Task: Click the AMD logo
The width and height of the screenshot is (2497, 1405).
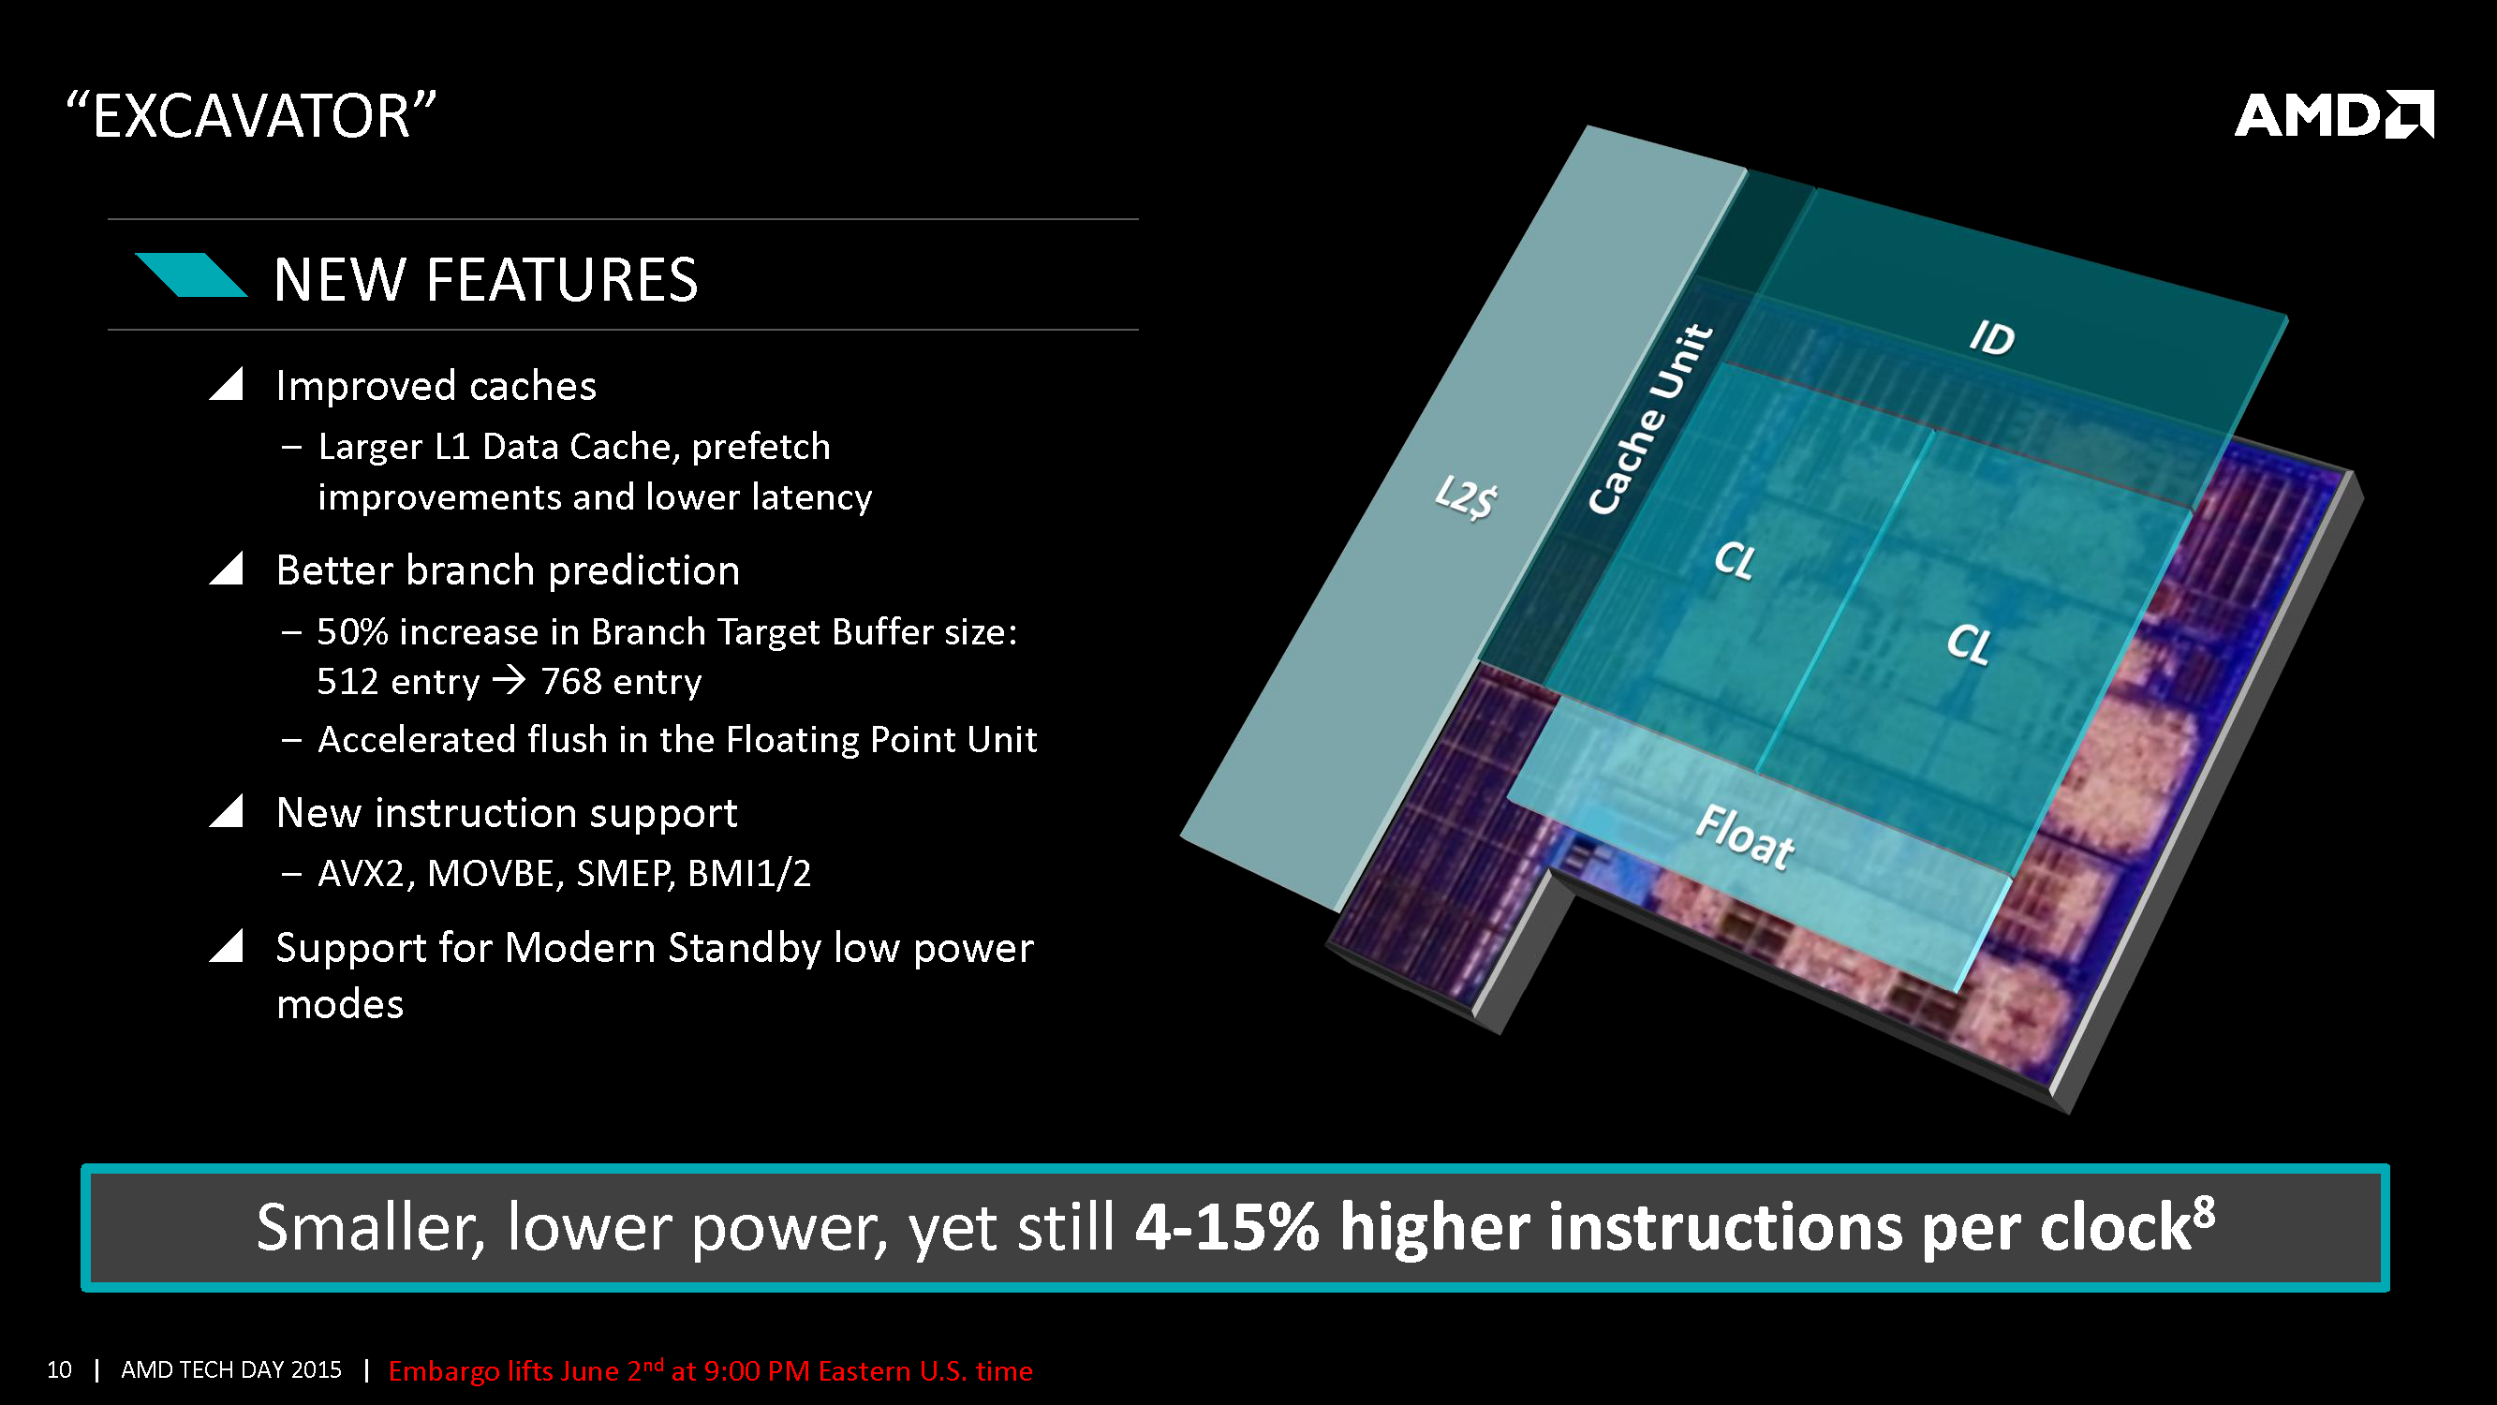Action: coord(2333,114)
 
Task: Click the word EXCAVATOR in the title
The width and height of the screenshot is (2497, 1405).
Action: coord(251,116)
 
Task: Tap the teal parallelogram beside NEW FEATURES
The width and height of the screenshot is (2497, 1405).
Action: coord(191,274)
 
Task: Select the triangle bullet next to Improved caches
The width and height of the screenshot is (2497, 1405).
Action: coord(226,384)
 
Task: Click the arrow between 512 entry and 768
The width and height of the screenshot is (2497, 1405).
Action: coord(509,681)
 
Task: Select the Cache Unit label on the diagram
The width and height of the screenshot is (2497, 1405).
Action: coord(1649,418)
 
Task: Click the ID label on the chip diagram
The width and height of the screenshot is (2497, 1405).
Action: coord(1992,337)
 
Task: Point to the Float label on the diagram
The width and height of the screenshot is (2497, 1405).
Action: coord(1745,836)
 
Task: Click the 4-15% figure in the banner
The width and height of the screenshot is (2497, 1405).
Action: coord(1227,1227)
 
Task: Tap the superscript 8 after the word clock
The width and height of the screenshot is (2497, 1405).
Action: coord(2203,1210)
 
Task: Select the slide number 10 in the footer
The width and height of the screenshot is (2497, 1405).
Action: coord(59,1369)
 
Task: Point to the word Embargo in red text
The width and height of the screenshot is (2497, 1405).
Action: coord(444,1371)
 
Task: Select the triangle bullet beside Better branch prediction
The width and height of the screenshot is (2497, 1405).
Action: coord(226,569)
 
